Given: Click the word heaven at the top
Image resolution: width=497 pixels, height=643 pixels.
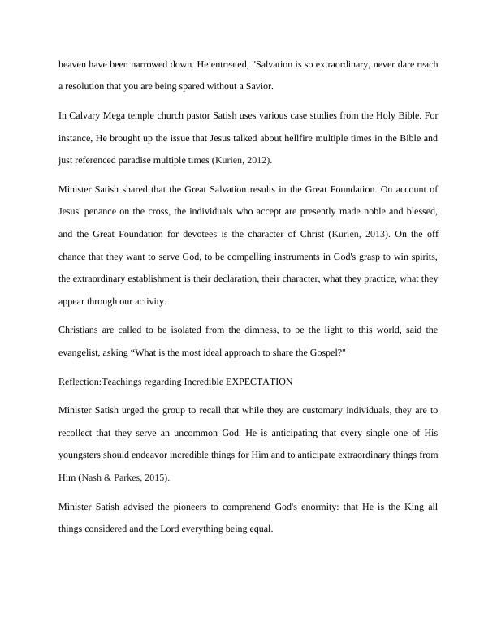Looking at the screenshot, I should [x=74, y=63].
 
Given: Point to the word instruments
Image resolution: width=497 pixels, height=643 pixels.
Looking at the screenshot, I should [x=273, y=256].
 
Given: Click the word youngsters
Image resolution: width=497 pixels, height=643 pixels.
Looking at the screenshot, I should [x=82, y=446].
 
